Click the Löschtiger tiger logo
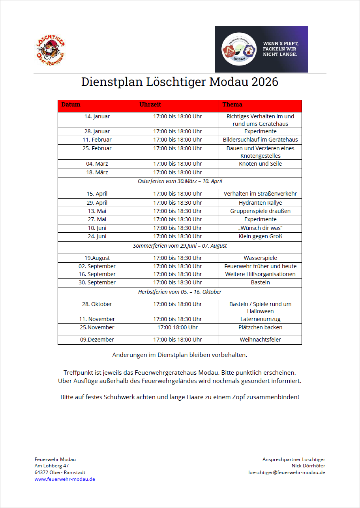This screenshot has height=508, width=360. click(50, 49)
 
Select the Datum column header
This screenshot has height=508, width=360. click(71, 105)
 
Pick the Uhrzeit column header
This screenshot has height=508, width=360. click(150, 105)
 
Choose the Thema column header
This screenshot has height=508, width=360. click(232, 105)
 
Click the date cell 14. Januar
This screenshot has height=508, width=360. click(97, 116)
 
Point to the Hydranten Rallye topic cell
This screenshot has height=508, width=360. click(260, 203)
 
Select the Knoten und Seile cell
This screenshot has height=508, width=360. click(260, 164)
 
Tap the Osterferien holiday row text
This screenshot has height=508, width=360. click(180, 181)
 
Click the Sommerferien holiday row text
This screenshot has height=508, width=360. click(180, 246)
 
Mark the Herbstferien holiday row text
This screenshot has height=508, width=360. click(180, 292)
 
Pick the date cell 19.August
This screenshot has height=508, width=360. click(97, 258)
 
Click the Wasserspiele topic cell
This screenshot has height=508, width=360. click(260, 258)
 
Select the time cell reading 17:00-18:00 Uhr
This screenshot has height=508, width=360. click(178, 327)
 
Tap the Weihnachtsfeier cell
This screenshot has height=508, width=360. click(260, 340)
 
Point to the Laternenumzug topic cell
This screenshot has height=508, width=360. click(260, 319)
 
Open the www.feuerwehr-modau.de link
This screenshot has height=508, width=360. click(65, 479)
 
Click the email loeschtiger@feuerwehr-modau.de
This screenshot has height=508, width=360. click(287, 472)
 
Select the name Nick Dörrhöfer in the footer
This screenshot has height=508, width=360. click(308, 466)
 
